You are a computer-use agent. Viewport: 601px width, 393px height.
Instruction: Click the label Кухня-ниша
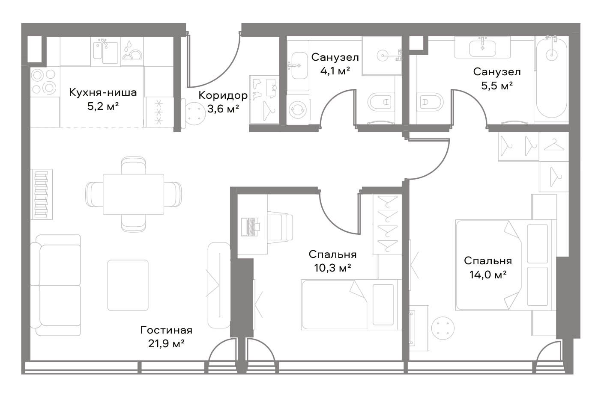click(x=103, y=92)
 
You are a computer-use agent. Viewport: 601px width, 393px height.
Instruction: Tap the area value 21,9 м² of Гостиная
click(x=166, y=343)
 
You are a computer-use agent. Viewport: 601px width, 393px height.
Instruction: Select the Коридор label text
click(x=223, y=95)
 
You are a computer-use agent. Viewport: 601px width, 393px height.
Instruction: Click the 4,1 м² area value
click(x=335, y=71)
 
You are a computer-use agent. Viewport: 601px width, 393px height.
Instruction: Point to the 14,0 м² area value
click(x=488, y=275)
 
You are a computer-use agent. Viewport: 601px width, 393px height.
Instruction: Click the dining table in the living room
click(x=133, y=194)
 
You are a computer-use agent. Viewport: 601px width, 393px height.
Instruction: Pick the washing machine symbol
click(x=297, y=109)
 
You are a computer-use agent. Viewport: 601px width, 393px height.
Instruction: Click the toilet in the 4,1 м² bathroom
click(x=381, y=102)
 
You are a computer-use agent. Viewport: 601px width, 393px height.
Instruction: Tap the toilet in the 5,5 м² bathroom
click(x=429, y=102)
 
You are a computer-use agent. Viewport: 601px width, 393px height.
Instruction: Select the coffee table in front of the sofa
click(x=128, y=285)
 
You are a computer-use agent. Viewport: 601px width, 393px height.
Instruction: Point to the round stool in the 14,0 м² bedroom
click(x=443, y=328)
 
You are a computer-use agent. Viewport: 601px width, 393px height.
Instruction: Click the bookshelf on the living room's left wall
click(x=42, y=194)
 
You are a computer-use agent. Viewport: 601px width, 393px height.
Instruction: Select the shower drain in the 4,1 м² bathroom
click(x=382, y=56)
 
